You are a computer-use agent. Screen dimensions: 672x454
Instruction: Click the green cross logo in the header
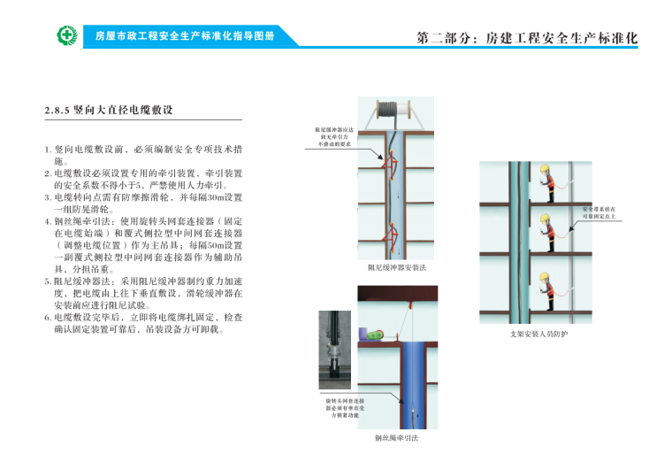[67, 36]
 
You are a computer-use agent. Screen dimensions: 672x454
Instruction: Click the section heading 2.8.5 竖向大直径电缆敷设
[108, 111]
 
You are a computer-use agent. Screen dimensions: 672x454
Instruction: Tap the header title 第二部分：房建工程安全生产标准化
[527, 39]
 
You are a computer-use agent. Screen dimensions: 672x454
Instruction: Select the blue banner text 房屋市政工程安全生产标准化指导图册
[186, 36]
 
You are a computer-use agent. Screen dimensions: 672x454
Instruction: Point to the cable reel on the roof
[390, 109]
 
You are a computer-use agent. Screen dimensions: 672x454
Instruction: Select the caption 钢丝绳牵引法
[395, 437]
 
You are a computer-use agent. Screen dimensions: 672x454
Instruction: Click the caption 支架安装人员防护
[538, 334]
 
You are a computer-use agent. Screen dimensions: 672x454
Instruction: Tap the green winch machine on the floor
[374, 335]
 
